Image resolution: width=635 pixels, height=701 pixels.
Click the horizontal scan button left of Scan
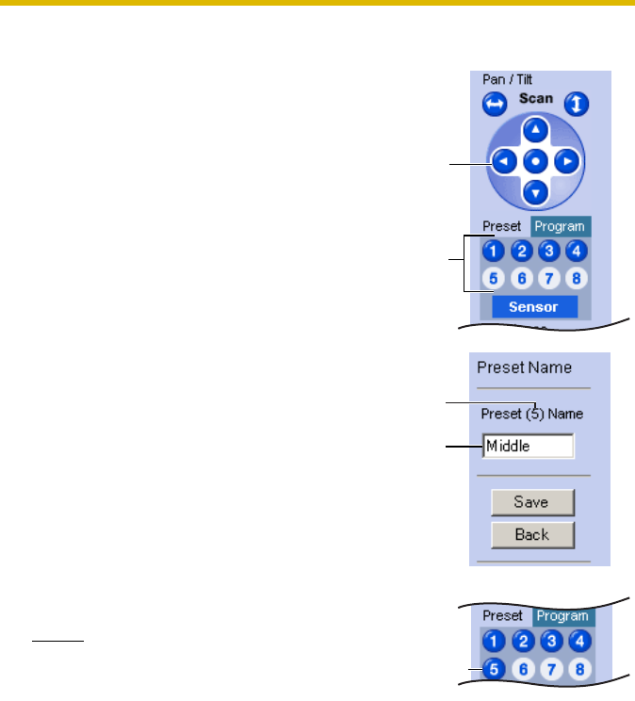point(494,105)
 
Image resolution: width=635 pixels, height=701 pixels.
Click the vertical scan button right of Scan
point(577,104)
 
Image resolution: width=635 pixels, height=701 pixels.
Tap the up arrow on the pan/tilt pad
point(535,131)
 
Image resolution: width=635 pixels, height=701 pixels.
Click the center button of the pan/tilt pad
point(535,161)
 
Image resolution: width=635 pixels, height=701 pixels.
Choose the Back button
point(532,535)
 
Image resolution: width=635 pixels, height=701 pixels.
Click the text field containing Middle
point(528,446)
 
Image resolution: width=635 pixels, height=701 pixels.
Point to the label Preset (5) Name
point(532,414)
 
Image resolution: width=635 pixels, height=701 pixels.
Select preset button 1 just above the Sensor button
point(492,251)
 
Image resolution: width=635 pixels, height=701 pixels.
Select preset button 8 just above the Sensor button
point(577,279)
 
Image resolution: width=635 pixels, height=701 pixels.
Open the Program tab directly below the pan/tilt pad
point(560,227)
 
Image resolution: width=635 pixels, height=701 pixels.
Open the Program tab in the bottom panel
point(562,617)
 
